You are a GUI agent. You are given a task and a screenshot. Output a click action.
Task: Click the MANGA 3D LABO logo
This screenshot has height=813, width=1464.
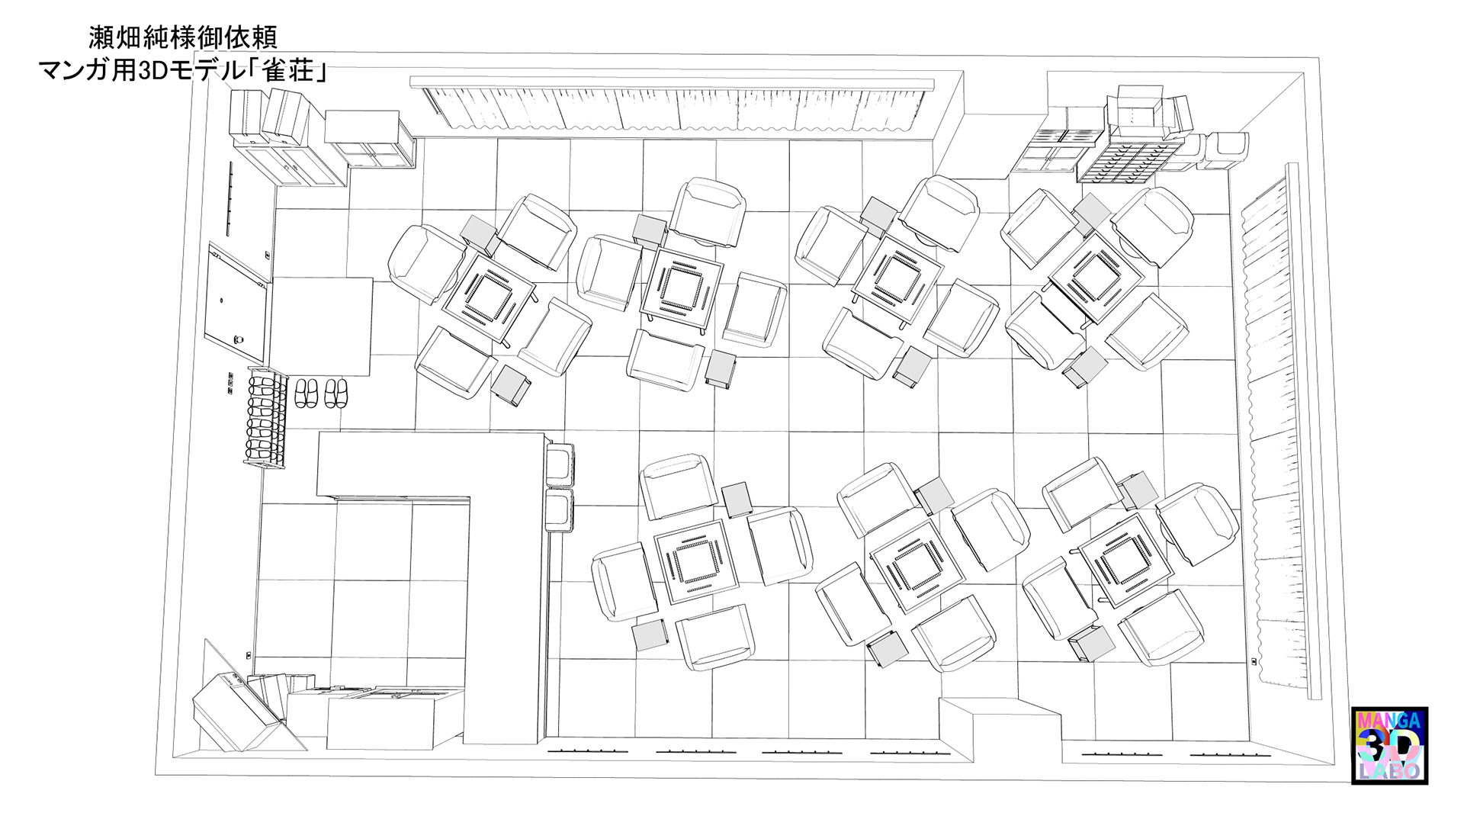click(x=1389, y=745)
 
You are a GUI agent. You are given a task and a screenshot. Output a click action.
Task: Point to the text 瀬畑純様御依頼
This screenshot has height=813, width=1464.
click(x=183, y=37)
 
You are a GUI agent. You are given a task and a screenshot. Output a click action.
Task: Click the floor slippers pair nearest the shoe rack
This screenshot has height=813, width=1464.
click(x=307, y=393)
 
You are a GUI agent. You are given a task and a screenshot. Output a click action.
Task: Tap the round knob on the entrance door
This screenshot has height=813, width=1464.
click(x=221, y=300)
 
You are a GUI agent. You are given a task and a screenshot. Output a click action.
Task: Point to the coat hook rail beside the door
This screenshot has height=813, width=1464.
click(x=230, y=198)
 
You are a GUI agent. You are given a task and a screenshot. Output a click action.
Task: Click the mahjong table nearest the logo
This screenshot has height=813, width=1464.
click(x=1119, y=565)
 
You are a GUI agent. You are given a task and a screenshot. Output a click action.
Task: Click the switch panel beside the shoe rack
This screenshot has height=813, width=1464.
click(x=230, y=384)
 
